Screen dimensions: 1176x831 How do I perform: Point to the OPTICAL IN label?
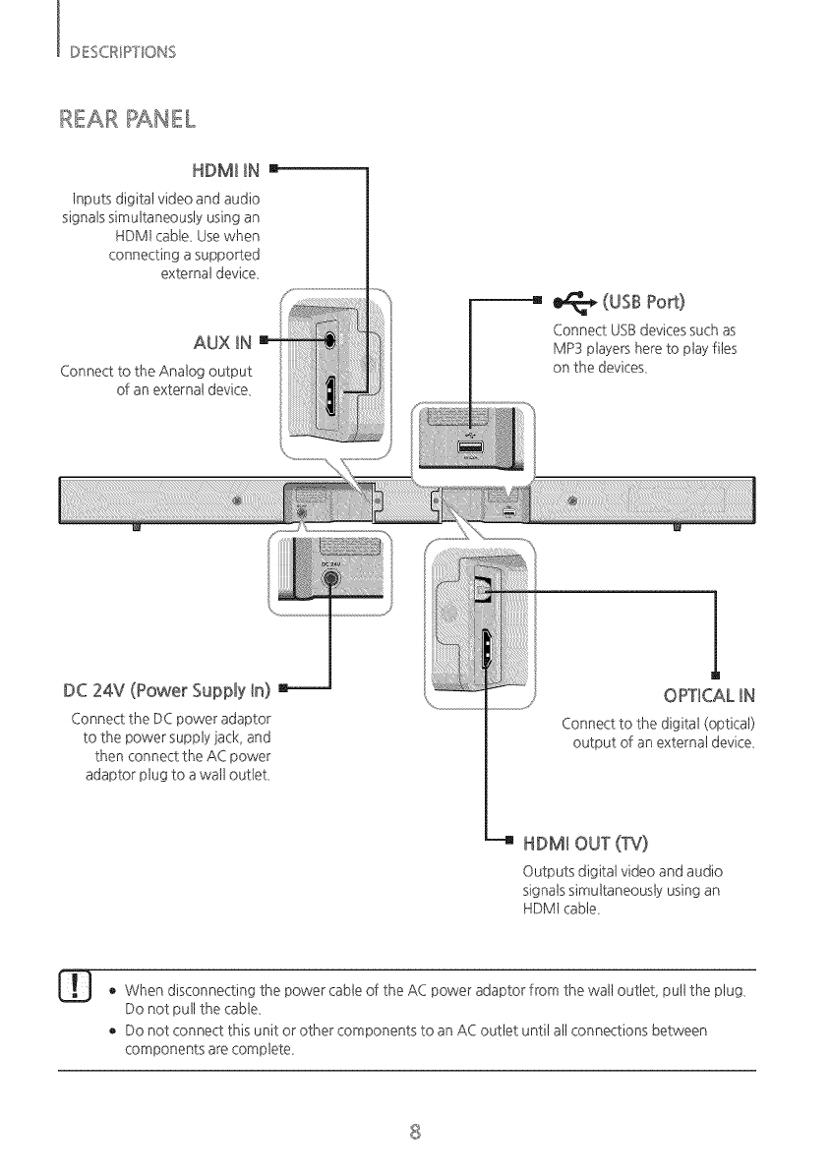pyautogui.click(x=713, y=699)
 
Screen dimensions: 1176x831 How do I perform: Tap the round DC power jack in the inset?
pyautogui.click(x=331, y=579)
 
